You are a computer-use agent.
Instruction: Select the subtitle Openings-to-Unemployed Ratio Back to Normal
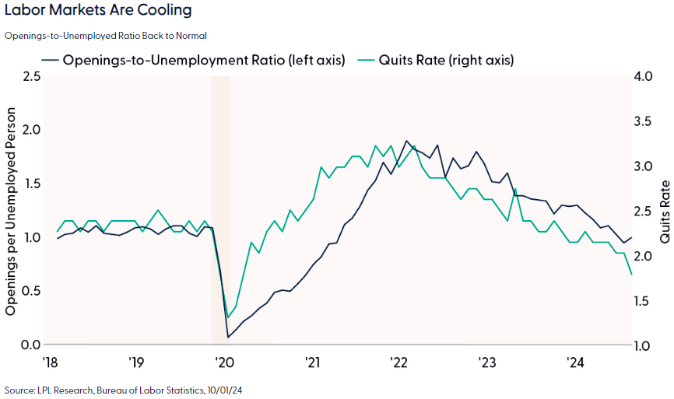coord(106,35)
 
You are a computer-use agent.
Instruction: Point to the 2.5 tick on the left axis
coord(31,76)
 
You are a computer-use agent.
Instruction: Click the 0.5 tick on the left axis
coord(31,291)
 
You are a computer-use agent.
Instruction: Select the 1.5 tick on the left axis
coord(31,184)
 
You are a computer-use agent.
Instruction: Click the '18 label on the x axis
coord(49,362)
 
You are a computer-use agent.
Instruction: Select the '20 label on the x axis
coord(224,362)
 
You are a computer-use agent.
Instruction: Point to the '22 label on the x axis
coord(399,362)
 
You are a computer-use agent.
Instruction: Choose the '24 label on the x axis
coord(574,362)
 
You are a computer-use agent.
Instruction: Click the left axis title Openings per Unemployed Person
coord(11,210)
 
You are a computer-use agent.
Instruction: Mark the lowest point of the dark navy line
coord(228,337)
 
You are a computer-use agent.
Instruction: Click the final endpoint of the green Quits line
coord(631,275)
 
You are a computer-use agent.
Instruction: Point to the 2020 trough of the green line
coord(227,317)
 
